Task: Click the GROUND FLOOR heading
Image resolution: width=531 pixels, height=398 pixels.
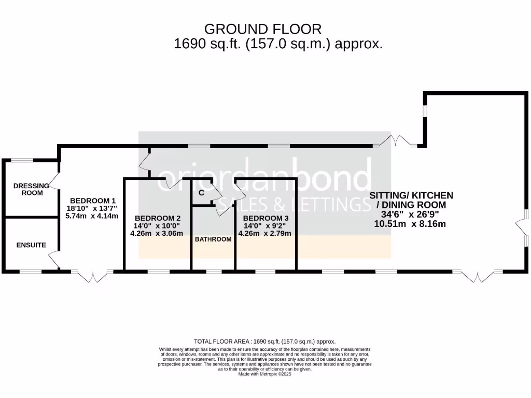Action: tap(263, 29)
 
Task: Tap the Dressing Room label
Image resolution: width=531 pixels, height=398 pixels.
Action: tap(29, 189)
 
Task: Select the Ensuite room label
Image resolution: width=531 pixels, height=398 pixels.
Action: tap(31, 245)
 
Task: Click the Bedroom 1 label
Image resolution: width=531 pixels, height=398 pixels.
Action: tap(93, 201)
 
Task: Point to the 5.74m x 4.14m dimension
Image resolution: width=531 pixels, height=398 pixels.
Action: tap(92, 216)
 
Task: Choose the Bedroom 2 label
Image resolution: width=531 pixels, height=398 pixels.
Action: tap(157, 218)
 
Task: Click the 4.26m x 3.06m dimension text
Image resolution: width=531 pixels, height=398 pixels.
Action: tap(157, 233)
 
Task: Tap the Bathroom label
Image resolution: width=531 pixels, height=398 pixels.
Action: tap(213, 239)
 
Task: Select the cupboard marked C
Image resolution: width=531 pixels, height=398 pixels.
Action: tap(201, 193)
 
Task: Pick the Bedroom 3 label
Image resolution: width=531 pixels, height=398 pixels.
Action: tap(266, 218)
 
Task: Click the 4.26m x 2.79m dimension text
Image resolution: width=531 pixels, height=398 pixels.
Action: tap(264, 233)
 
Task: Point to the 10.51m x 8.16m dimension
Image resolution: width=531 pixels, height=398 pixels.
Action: tap(410, 224)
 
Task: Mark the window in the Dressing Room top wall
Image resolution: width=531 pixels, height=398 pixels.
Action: tap(22, 160)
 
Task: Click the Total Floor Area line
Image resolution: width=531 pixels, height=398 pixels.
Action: tap(264, 342)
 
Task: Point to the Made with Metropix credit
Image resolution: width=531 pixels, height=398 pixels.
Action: tap(264, 374)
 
